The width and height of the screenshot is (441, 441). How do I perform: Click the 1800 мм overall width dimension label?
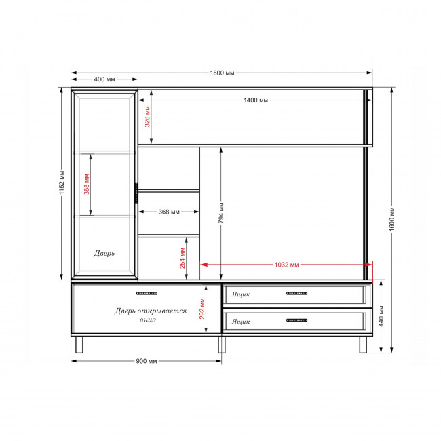(x=222, y=73)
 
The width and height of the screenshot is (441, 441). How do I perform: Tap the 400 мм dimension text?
(x=104, y=79)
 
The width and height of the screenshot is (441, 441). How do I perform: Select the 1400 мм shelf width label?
(x=256, y=100)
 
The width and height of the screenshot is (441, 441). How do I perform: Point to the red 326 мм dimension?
(x=147, y=117)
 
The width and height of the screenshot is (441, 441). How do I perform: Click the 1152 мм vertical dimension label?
(x=62, y=183)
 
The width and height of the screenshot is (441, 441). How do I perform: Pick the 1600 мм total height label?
(x=392, y=219)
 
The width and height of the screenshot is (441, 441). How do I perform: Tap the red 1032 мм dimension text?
(x=286, y=265)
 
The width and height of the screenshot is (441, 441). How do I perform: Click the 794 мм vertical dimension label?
(x=221, y=212)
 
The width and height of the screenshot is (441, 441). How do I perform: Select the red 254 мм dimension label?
(x=183, y=258)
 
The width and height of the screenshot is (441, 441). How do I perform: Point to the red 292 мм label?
(x=202, y=309)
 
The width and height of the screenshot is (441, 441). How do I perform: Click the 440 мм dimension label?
(x=381, y=316)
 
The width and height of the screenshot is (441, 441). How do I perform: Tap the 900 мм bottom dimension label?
(x=147, y=361)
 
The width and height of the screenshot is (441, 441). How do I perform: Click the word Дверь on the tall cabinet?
(x=104, y=253)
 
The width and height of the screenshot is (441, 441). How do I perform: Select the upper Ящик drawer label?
(x=241, y=294)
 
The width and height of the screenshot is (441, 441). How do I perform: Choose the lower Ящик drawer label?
(x=241, y=321)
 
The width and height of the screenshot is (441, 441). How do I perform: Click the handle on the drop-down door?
(x=147, y=293)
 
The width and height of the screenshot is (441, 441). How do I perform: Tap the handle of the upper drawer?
(x=296, y=293)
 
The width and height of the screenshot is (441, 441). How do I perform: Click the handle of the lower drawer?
(x=296, y=320)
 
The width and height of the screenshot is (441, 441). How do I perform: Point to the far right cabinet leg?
(x=363, y=345)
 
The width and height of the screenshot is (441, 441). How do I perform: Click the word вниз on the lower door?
(x=148, y=320)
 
